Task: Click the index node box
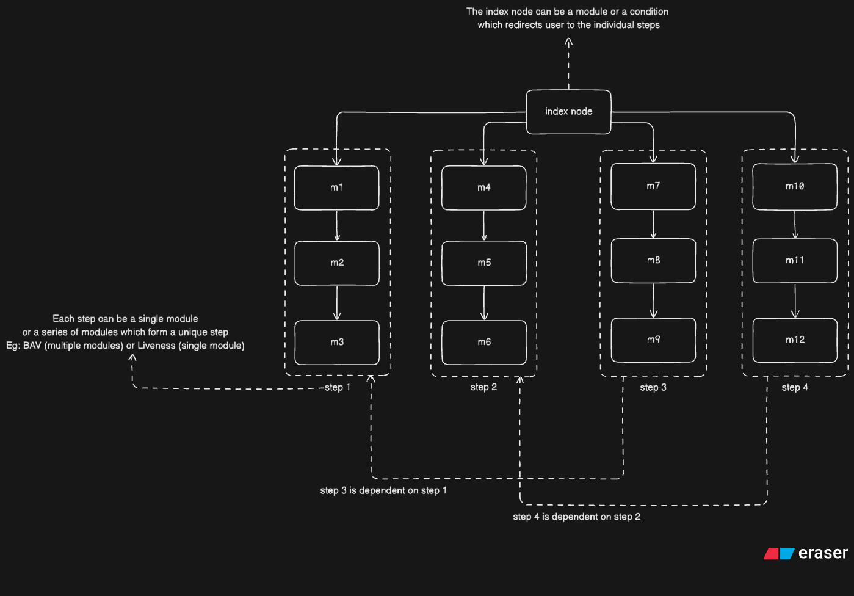568,112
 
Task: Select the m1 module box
336,187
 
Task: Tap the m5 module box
483,263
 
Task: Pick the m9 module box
653,340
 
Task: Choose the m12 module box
794,340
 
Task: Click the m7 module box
653,186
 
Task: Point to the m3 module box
336,342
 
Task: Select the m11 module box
794,261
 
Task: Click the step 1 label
337,387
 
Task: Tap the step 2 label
483,387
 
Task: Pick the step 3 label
653,387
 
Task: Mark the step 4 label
794,387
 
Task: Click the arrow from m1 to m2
337,225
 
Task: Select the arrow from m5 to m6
484,303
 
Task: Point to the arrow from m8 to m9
653,300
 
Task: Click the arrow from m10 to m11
795,224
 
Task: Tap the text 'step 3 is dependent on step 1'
383,490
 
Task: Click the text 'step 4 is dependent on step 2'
576,517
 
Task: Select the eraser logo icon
779,553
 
